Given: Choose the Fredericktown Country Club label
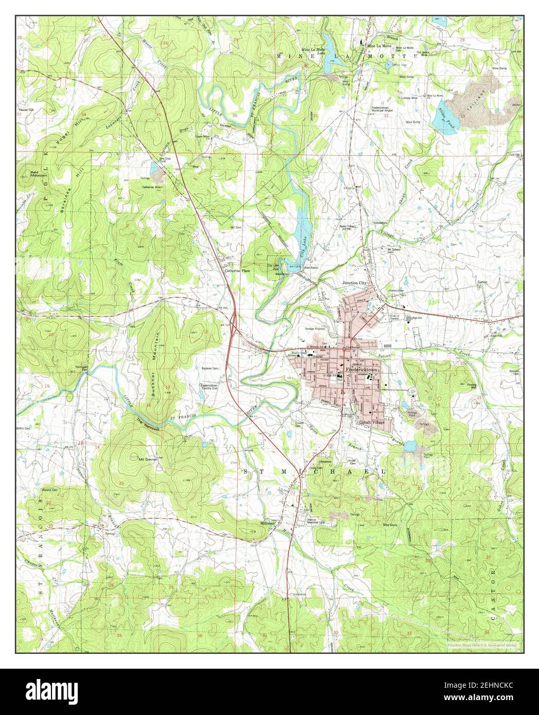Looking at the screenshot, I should click(x=216, y=387).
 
